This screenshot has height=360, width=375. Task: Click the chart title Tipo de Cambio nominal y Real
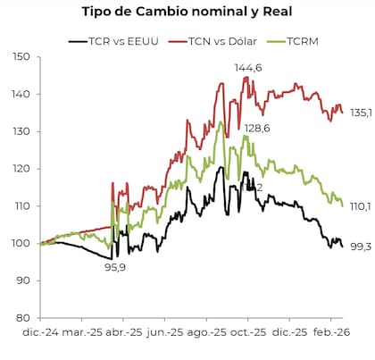coord(187,12)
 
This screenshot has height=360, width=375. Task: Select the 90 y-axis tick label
coord(20,280)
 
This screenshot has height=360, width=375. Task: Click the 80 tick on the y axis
coord(20,318)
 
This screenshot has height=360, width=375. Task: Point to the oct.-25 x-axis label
coord(253,333)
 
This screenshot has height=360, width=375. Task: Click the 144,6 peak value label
coord(248,68)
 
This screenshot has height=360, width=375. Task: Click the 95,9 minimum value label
coord(114,267)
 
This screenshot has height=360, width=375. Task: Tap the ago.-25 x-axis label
coord(207,333)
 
